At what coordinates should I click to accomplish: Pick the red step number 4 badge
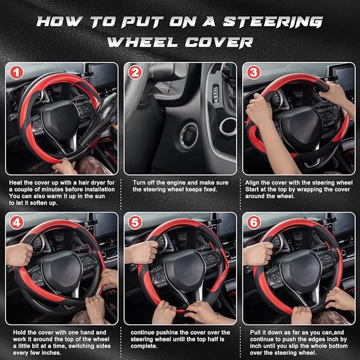(17, 223)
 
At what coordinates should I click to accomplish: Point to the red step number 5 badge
(135, 223)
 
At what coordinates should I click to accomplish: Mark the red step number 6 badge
(254, 223)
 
